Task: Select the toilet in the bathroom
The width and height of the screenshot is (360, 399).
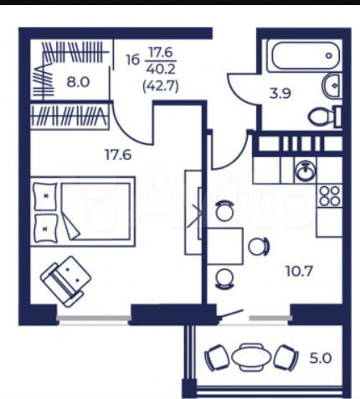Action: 324,117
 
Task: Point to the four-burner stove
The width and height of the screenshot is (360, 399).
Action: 330,196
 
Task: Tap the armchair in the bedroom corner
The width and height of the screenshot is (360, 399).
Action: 65,278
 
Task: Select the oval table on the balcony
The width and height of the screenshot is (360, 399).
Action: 250,358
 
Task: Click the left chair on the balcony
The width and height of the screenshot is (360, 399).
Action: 217,358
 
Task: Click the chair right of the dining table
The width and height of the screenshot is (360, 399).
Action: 259,246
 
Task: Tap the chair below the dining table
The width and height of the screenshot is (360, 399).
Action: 224,279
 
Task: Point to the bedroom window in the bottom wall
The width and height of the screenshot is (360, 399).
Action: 94,319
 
